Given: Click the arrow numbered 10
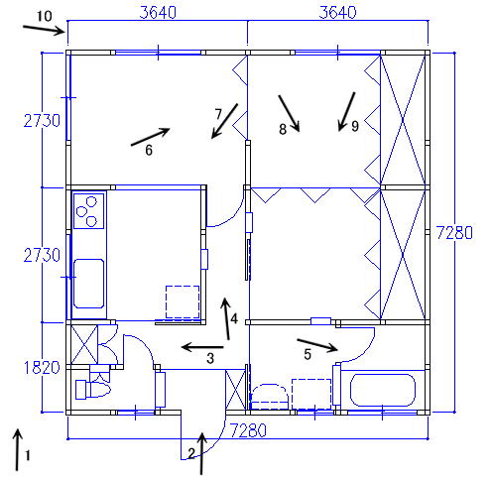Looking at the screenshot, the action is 44,29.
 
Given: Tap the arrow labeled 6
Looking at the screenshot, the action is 151,137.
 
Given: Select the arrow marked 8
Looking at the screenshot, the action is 289,113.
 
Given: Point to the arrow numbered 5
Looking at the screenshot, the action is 317,345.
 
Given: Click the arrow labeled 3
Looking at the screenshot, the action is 202,347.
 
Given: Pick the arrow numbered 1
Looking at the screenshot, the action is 18,449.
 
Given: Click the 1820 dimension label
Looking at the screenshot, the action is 42,367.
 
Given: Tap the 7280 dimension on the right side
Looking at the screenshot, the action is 454,232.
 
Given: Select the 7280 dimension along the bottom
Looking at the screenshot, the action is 248,430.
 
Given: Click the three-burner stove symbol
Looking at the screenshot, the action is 88,211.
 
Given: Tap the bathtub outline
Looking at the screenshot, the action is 383,390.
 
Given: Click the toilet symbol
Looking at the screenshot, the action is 93,389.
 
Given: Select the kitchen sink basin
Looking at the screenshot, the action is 88,284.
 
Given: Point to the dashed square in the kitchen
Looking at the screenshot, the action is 183,302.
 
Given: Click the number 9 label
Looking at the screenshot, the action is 355,126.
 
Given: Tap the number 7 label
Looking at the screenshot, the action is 218,114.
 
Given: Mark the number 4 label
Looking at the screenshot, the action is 234,318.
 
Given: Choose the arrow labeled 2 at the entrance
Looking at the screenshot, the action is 201,453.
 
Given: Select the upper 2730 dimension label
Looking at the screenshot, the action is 42,121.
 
